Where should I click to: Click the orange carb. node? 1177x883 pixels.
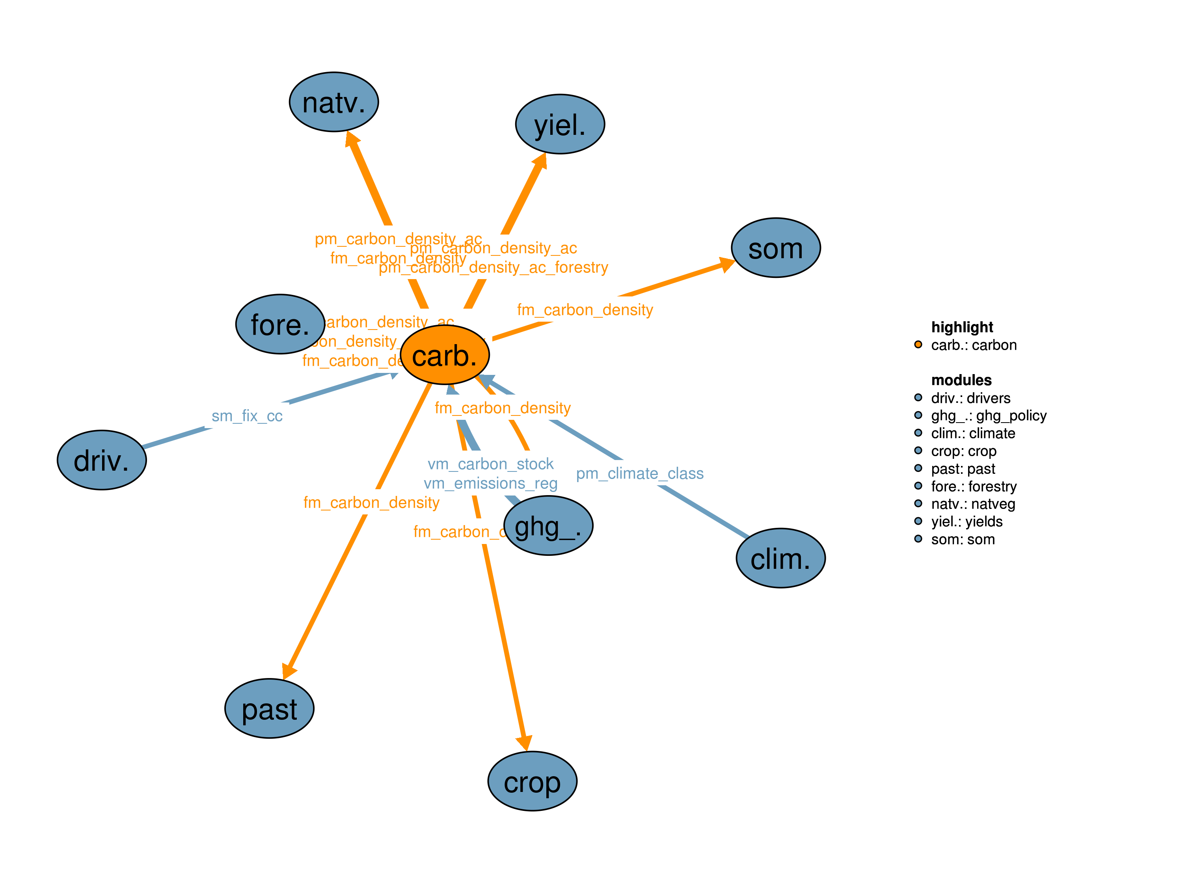click(x=444, y=354)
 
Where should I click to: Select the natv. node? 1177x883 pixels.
click(x=333, y=102)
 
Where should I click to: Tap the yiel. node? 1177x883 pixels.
click(x=560, y=125)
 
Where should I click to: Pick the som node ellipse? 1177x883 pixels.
click(x=775, y=248)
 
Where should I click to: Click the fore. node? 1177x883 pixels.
click(x=280, y=324)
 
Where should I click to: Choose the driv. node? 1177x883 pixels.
click(x=102, y=460)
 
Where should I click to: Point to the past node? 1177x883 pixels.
click(x=269, y=708)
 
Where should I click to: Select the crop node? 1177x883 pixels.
click(x=532, y=781)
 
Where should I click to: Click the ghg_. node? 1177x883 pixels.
click(x=548, y=525)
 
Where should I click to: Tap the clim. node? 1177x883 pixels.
click(x=780, y=558)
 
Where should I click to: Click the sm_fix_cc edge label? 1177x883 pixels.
click(x=247, y=416)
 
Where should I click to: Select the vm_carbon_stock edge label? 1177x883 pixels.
click(x=491, y=464)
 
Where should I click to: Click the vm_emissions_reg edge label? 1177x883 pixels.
click(x=491, y=483)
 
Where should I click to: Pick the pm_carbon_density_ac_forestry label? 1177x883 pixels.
click(x=493, y=267)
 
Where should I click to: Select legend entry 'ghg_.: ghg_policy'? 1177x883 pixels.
click(x=989, y=416)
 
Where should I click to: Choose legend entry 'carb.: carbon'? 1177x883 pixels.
click(x=974, y=345)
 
